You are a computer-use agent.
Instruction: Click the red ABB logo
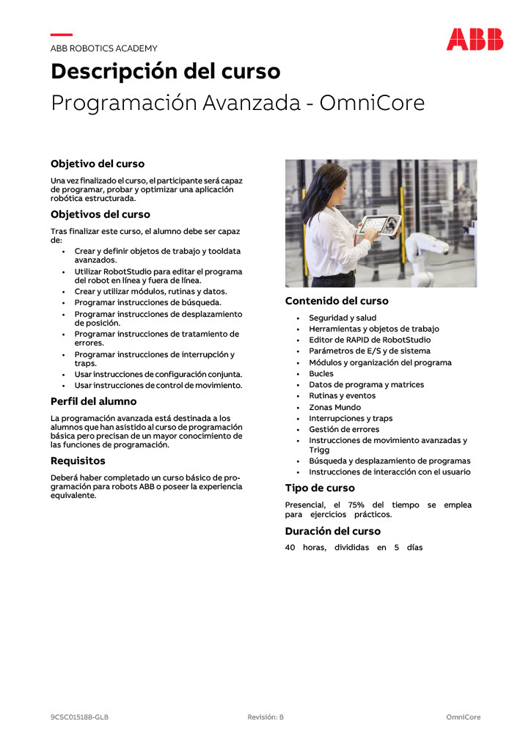pyautogui.click(x=475, y=39)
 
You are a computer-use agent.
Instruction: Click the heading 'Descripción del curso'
pyautogui.click(x=165, y=72)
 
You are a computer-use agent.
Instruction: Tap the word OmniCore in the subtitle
pyautogui.click(x=373, y=103)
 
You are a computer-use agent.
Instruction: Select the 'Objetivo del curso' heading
pyautogui.click(x=98, y=164)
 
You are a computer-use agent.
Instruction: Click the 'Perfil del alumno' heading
pyautogui.click(x=93, y=401)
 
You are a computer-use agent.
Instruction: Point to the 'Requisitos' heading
pyautogui.click(x=78, y=461)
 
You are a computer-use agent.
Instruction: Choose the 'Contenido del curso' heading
pyautogui.click(x=337, y=301)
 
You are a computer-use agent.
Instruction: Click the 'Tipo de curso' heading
pyautogui.click(x=320, y=488)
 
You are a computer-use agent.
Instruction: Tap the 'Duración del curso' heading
pyautogui.click(x=333, y=531)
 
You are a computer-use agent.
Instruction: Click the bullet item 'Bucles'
pyautogui.click(x=321, y=373)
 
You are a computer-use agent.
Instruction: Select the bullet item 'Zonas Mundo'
pyautogui.click(x=334, y=407)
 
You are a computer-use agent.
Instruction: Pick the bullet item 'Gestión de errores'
pyautogui.click(x=344, y=429)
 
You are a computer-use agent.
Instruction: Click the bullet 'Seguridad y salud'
pyautogui.click(x=343, y=318)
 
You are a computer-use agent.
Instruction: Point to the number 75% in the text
pyautogui.click(x=356, y=505)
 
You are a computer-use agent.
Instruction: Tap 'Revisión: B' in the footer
pyautogui.click(x=265, y=717)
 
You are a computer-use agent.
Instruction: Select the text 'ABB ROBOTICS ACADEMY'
pyautogui.click(x=103, y=48)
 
